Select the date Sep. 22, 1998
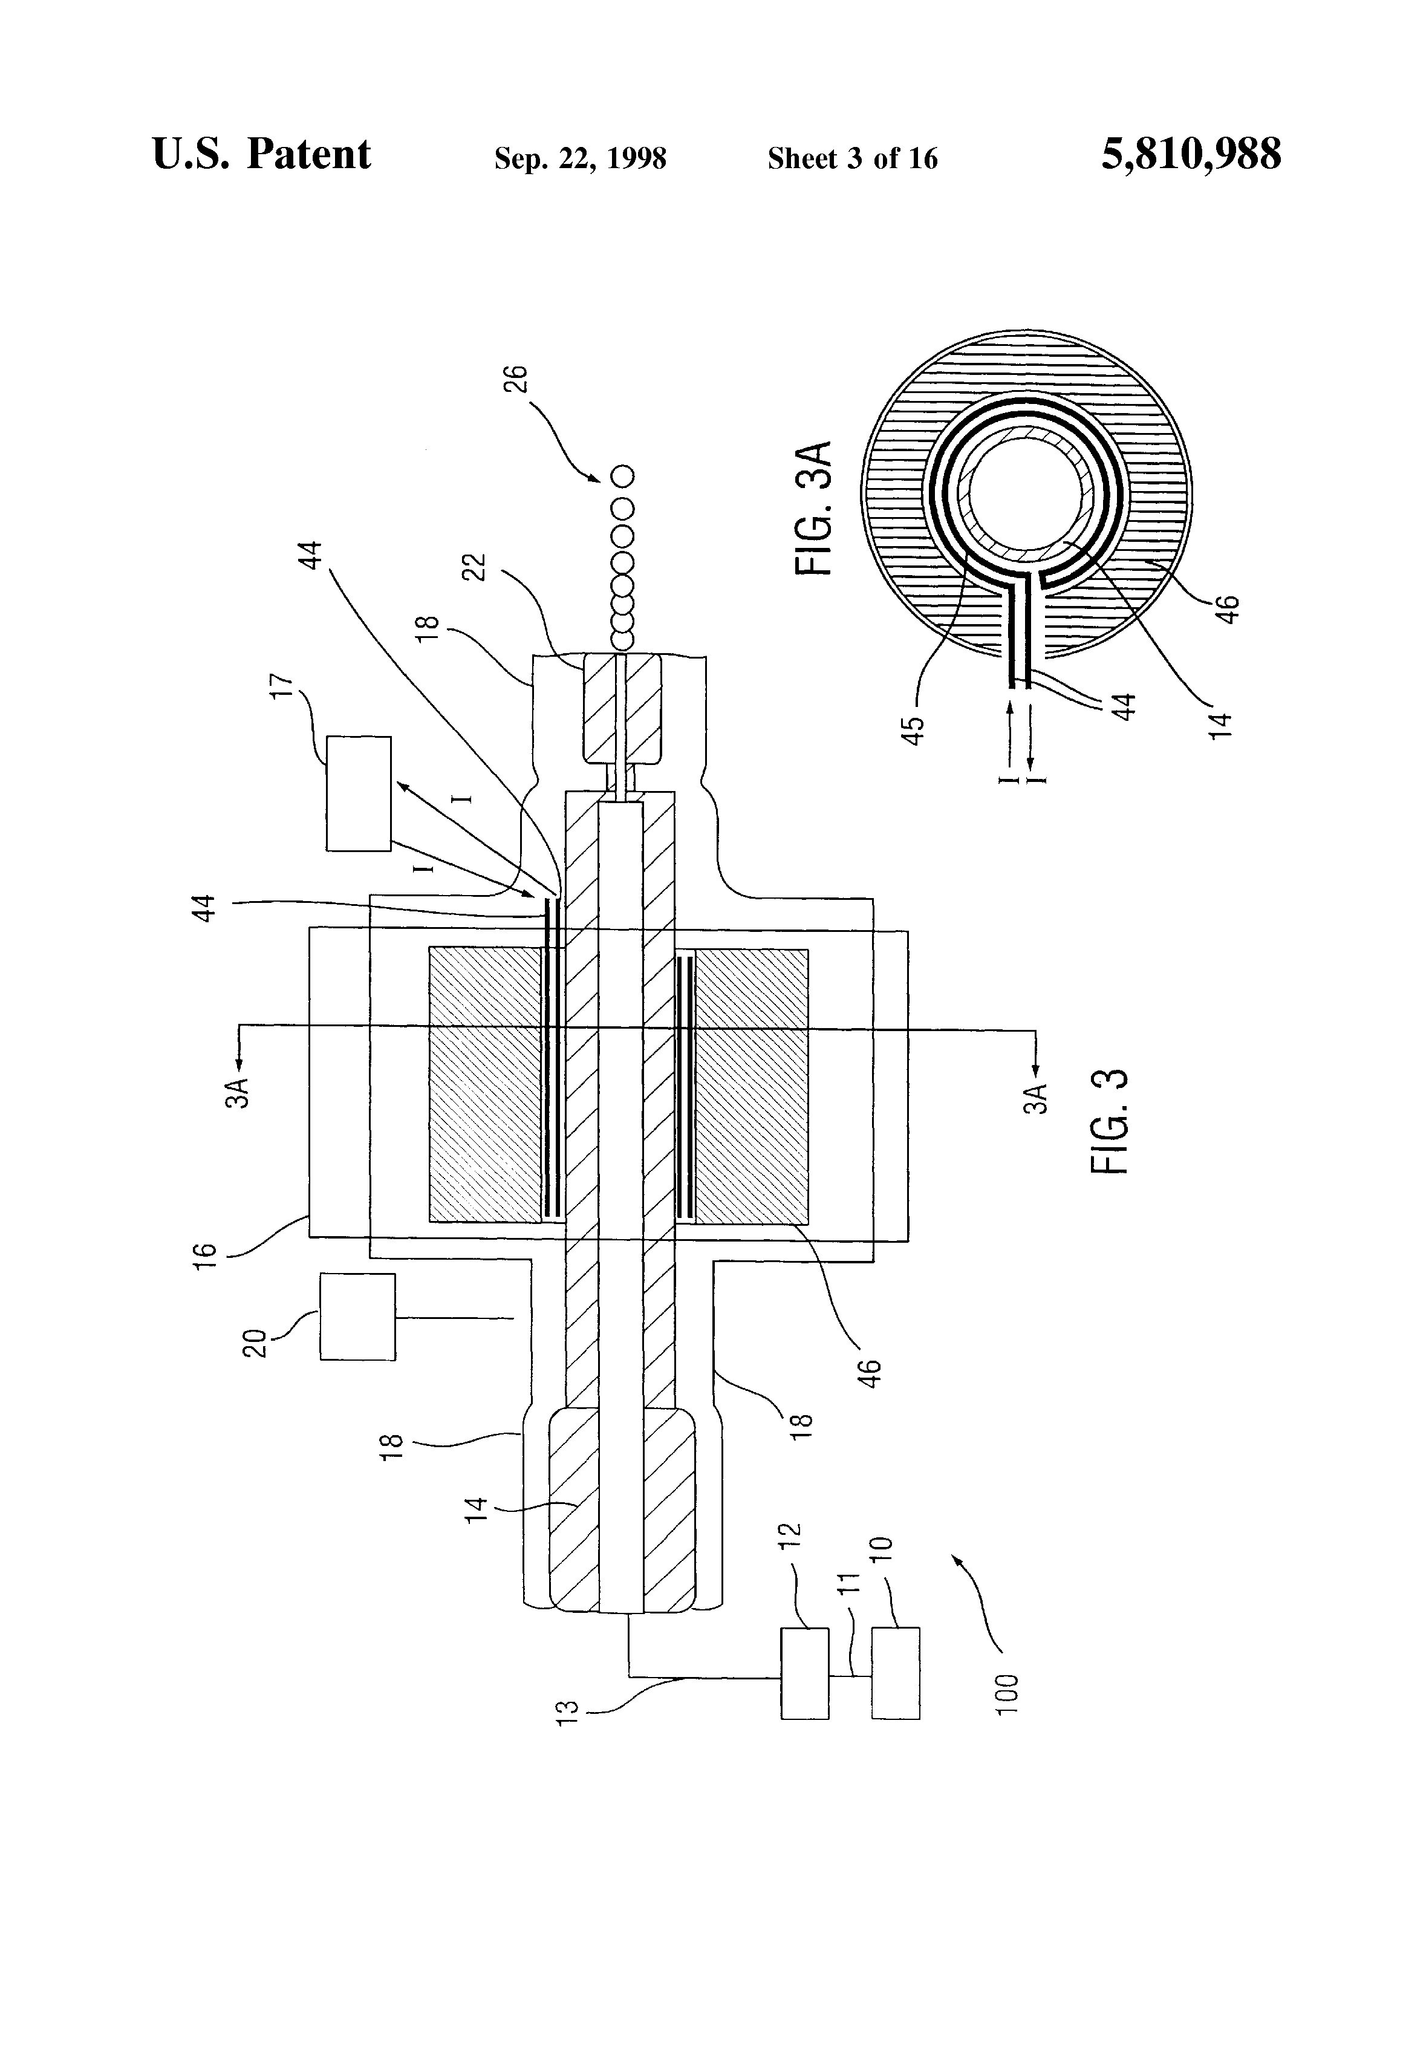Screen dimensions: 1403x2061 580,158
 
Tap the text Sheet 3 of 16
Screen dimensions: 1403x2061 852,158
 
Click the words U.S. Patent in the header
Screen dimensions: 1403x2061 262,154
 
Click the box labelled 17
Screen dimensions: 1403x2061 358,793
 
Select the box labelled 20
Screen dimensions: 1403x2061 357,1317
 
